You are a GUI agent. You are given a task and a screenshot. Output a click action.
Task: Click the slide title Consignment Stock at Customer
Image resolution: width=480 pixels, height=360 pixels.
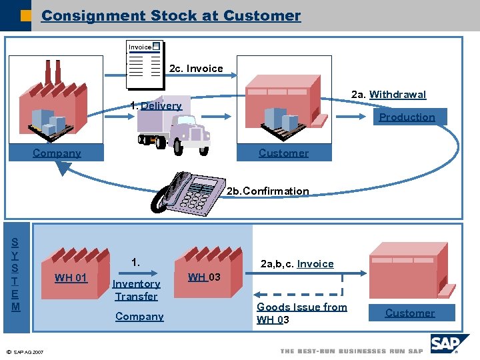coord(171,15)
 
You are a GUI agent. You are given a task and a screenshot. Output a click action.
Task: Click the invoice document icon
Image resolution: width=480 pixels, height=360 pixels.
coord(145,65)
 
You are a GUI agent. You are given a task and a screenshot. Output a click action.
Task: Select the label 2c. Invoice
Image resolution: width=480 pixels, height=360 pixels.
coord(196,69)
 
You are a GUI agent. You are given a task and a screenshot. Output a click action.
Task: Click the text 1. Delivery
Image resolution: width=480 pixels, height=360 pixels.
coord(156,105)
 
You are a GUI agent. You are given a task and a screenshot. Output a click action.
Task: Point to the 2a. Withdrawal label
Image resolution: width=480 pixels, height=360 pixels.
coord(388,95)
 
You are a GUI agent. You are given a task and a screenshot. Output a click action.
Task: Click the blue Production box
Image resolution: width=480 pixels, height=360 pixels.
coord(407,117)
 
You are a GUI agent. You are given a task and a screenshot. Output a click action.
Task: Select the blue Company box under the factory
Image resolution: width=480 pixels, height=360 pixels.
coord(57,153)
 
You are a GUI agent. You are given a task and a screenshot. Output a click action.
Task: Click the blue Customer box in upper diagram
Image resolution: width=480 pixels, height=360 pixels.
coord(283,153)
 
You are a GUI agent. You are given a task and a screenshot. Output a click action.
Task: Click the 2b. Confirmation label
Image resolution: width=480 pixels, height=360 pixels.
coord(267,191)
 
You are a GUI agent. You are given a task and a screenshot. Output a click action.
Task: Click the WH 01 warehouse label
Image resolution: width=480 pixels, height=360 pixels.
coord(71,277)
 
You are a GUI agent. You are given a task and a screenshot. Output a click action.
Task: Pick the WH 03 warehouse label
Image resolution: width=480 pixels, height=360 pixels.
coord(205,277)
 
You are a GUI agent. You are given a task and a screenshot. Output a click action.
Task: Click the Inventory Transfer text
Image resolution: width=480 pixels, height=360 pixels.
coord(136,290)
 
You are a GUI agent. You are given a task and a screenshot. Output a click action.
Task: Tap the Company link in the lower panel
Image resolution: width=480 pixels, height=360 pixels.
coord(139,317)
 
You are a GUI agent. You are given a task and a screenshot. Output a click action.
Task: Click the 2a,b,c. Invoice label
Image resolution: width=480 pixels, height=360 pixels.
coord(297,264)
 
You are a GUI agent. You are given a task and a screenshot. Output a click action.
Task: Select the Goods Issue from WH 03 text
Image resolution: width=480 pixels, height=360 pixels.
coord(301,313)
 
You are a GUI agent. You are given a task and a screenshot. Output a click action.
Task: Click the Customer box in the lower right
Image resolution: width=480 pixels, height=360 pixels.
coord(409,313)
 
